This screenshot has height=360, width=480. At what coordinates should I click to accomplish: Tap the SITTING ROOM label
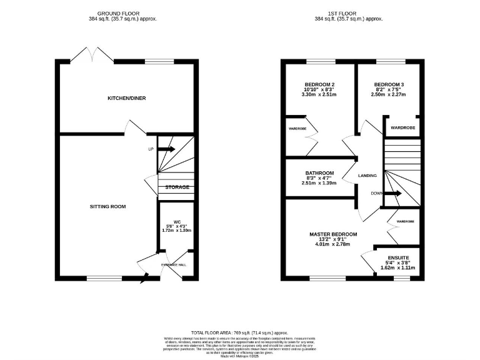pyautogui.click(x=107, y=206)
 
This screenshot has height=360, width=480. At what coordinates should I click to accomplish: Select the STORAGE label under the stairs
pyautogui.click(x=177, y=187)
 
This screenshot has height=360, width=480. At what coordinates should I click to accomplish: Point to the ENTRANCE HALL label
pyautogui.click(x=174, y=265)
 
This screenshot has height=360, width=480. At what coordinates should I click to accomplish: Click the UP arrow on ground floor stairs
pyautogui.click(x=166, y=149)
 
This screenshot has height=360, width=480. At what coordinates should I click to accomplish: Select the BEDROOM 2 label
pyautogui.click(x=319, y=84)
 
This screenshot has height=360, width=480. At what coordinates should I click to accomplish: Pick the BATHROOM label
pyautogui.click(x=319, y=173)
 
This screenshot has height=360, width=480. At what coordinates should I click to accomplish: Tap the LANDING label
pyautogui.click(x=367, y=176)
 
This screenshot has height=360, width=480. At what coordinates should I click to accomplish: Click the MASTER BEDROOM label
pyautogui.click(x=333, y=234)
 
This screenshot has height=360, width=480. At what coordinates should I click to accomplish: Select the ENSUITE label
pyautogui.click(x=397, y=256)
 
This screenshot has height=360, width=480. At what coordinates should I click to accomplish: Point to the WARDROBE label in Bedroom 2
pyautogui.click(x=296, y=129)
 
